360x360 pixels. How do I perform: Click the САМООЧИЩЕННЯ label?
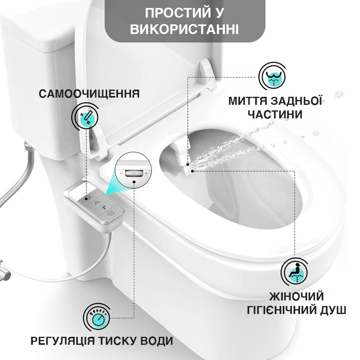pos(89,94)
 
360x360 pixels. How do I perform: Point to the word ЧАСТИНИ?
pos(274,115)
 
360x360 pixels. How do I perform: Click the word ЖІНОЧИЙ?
pos(296,297)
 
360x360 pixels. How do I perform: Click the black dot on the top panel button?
pos(88,198)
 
